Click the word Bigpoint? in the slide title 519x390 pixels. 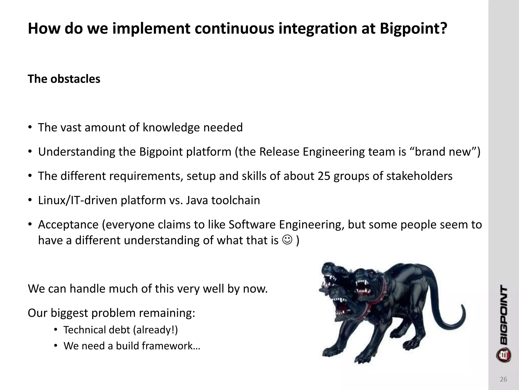coord(413,28)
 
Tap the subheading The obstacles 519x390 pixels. coord(64,79)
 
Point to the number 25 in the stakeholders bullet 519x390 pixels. coord(324,176)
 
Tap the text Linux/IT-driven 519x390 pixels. coord(77,200)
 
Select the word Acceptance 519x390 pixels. coord(68,225)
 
